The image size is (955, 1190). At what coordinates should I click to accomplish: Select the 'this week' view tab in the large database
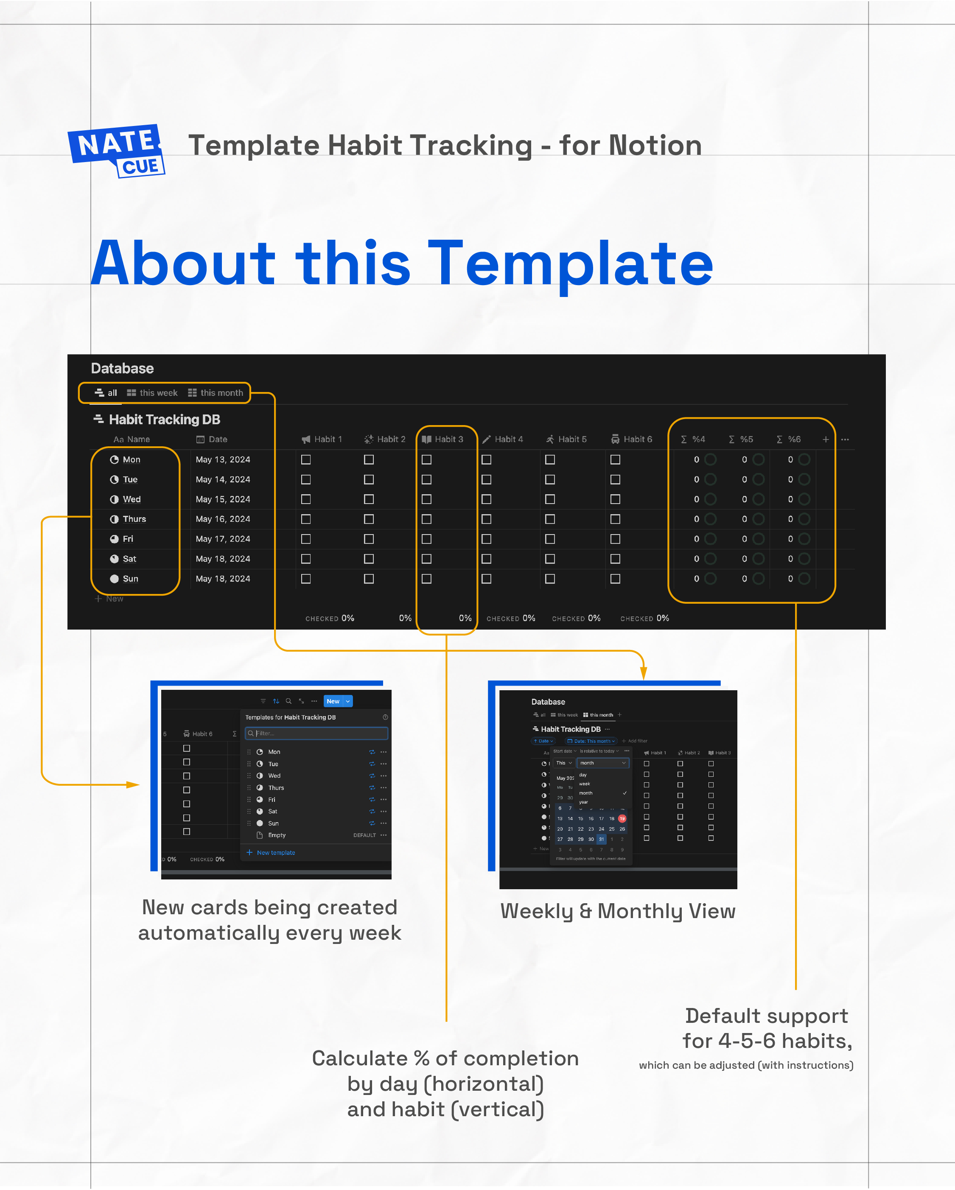(x=152, y=393)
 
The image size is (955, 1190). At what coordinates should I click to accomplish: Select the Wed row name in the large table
(x=132, y=499)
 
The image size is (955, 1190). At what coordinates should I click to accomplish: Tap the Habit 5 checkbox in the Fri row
(x=550, y=539)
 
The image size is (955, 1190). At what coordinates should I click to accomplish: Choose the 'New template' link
(x=275, y=853)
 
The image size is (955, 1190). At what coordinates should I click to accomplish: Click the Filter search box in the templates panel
(x=317, y=734)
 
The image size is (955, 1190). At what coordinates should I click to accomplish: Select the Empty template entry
(x=277, y=835)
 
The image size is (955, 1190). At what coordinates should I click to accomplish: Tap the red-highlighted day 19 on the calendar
(x=622, y=818)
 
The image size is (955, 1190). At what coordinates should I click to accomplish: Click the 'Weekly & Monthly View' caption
(x=618, y=911)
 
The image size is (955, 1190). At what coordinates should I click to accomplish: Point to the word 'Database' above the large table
(x=122, y=369)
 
